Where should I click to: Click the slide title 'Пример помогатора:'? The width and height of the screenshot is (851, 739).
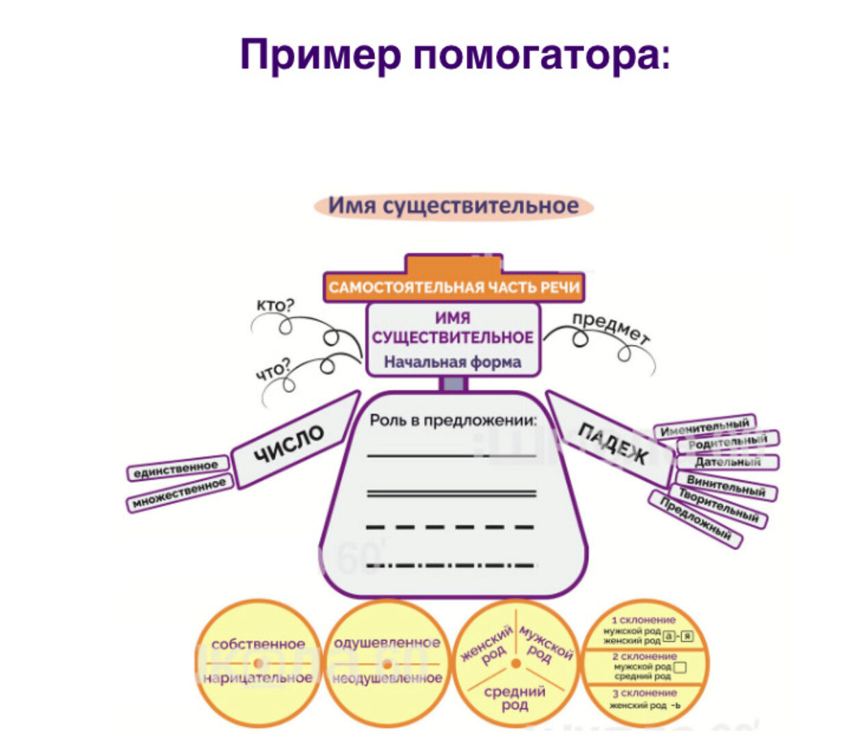click(455, 55)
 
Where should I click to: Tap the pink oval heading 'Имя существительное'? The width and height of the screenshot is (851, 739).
click(453, 206)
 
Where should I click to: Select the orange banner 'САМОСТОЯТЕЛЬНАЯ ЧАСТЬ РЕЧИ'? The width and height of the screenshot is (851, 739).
click(454, 287)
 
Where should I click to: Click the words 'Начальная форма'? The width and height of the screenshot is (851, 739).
click(452, 362)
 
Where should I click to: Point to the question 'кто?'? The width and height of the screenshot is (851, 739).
click(274, 304)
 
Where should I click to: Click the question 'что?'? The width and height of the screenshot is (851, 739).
click(273, 370)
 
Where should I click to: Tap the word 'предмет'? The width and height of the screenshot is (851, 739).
click(611, 328)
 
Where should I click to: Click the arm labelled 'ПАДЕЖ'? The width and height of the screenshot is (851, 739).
click(612, 442)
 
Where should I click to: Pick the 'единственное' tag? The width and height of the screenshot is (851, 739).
click(176, 469)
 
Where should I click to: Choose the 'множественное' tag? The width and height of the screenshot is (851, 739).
click(179, 494)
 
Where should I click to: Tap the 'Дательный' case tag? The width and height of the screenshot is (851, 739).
click(728, 462)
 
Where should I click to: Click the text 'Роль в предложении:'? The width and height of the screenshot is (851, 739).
click(453, 420)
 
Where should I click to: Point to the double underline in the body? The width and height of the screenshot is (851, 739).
click(451, 493)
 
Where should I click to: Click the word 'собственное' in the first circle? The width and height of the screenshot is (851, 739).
click(258, 644)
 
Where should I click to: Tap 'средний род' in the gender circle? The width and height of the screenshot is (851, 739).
click(514, 698)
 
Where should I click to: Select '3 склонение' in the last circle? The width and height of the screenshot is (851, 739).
click(644, 692)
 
